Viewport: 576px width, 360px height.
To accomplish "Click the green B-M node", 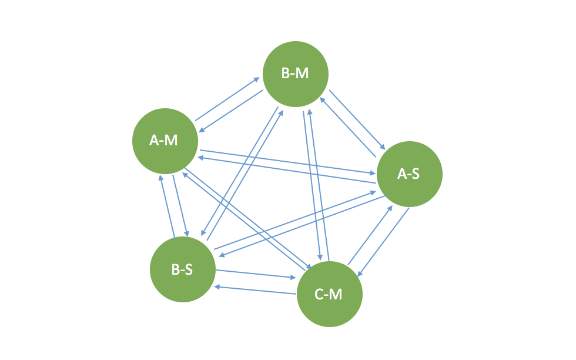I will point(295,74).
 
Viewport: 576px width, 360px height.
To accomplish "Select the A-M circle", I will point(165,141).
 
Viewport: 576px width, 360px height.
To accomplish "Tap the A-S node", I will point(409,174).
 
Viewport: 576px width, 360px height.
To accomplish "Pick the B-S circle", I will point(182,269).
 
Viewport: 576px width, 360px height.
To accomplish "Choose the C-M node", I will point(329,294).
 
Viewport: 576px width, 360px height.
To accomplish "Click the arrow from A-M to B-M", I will point(227,98).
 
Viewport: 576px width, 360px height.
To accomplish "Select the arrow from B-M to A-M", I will point(230,112).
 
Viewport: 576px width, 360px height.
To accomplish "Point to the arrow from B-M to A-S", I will point(357,119).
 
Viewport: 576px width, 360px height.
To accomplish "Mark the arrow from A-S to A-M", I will point(288,171).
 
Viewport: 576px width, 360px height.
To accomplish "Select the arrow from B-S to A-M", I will point(167,206).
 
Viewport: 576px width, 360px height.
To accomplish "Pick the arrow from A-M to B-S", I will point(180,205).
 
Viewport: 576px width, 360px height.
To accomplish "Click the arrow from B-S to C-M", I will point(256,274).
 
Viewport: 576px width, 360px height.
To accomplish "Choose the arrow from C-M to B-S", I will point(254,289).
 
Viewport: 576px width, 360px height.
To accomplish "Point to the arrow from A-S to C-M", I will point(383,241).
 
